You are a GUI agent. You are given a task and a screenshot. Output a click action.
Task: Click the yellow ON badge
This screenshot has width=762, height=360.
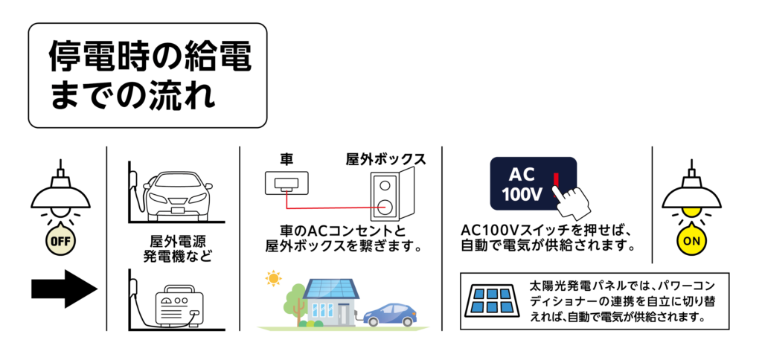[692, 241]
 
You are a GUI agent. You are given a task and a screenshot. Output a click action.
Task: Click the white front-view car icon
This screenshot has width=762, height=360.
[179, 194]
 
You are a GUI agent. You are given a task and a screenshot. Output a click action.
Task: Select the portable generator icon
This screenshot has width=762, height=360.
[179, 306]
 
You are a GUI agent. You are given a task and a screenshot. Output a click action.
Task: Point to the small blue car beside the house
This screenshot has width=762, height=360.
[389, 314]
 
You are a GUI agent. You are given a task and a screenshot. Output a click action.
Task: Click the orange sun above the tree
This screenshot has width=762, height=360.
[274, 278]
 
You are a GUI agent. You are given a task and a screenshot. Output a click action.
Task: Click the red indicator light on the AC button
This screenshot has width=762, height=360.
[555, 178]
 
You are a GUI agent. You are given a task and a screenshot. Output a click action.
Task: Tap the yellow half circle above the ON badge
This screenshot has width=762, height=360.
[692, 213]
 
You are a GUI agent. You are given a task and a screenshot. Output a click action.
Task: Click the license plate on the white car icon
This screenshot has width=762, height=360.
[179, 209]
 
